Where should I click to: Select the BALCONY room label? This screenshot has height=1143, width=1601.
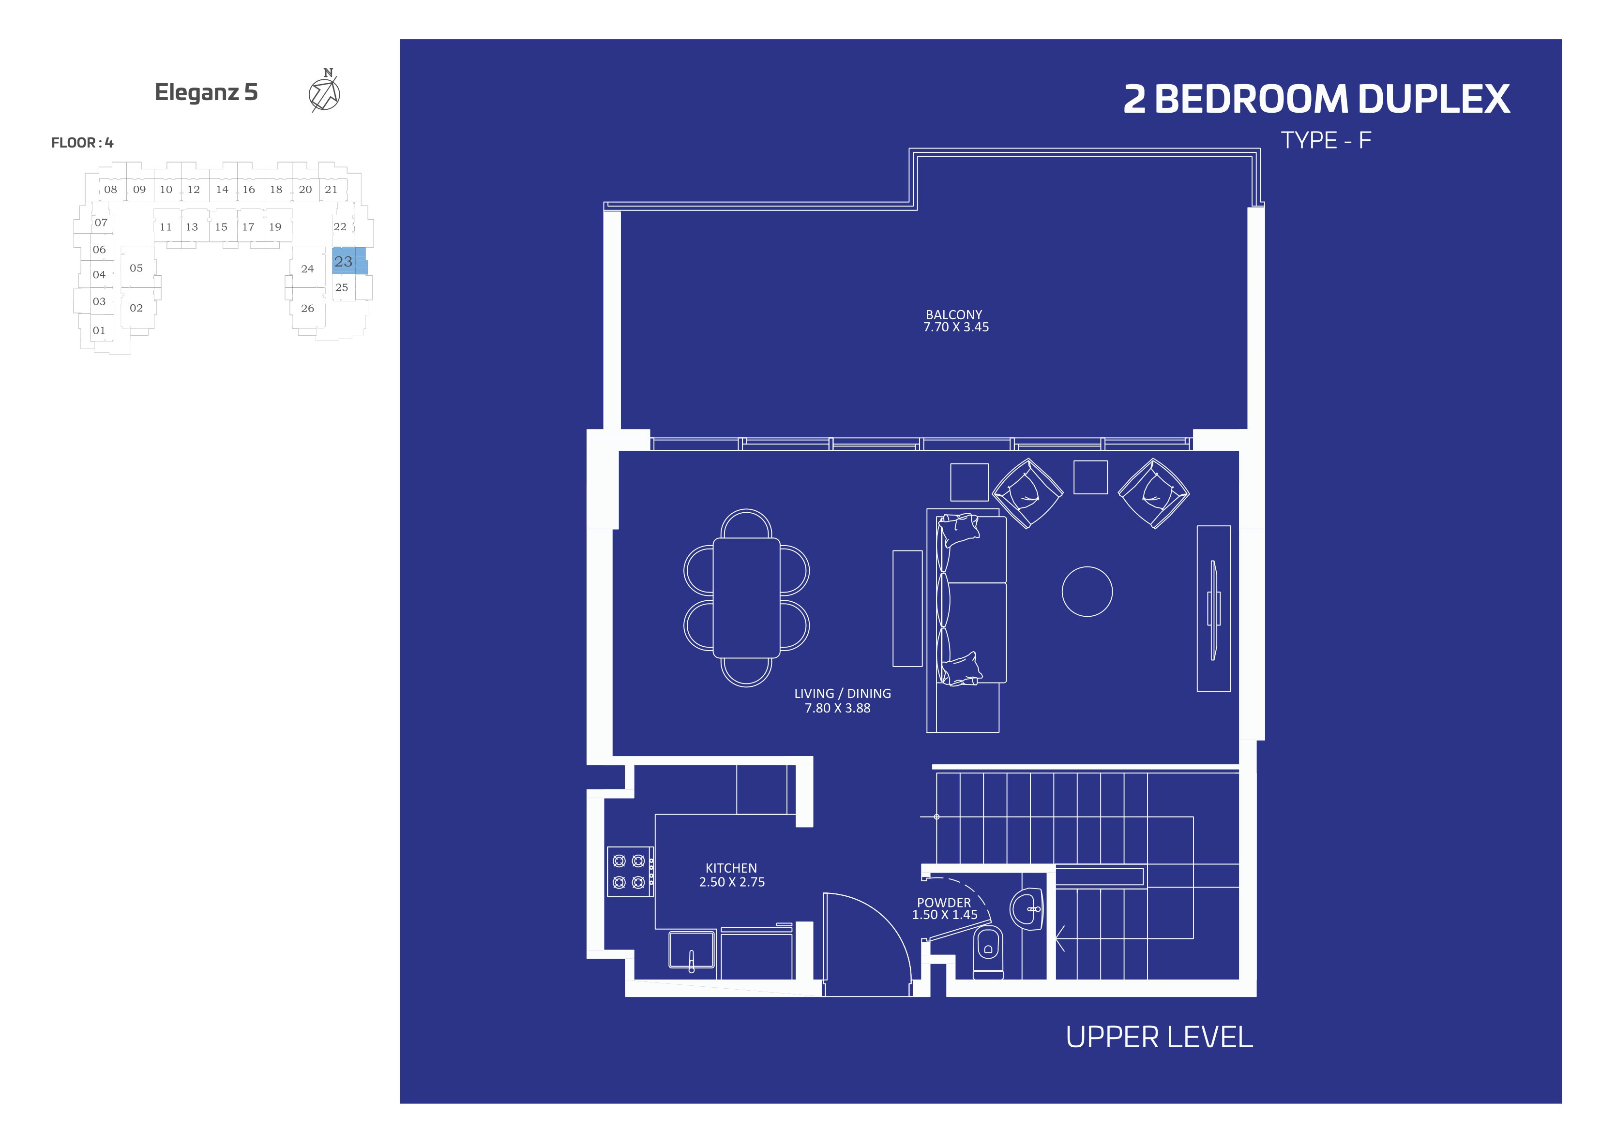pos(953,314)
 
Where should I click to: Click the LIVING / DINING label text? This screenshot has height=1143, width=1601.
pos(842,693)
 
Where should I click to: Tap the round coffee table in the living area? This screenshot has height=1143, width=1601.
pos(1087,591)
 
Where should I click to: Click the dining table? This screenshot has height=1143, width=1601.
pos(746,597)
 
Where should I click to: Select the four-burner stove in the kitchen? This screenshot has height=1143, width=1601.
pos(630,871)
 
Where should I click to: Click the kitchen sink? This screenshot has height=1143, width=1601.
pos(692,951)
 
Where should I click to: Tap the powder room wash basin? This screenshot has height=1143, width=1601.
pos(1027,908)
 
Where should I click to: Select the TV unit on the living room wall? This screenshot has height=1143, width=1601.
pos(1214,608)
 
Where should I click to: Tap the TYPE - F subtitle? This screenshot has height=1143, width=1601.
pos(1326,140)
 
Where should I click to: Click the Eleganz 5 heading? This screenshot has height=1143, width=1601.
pos(206,92)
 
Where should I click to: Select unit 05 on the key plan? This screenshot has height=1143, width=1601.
pos(136,267)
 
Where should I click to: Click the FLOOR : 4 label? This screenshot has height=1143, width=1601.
pos(82,142)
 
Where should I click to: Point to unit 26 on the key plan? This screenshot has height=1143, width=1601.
pos(308,308)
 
